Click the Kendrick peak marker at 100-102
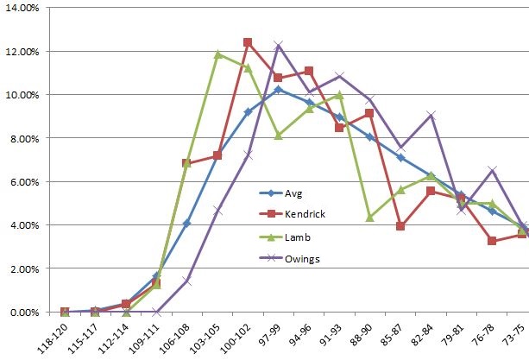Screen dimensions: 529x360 248,42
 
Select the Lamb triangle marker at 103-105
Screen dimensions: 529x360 217,54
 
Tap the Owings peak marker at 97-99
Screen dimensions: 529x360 279,45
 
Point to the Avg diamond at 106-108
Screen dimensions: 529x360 187,223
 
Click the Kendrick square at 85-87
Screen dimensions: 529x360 400,225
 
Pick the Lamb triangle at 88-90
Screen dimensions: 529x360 369,218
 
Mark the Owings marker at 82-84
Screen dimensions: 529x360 431,116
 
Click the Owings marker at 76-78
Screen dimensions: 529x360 492,170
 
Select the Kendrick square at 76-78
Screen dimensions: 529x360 492,241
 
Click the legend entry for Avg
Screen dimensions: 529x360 280,193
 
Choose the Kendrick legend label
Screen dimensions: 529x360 305,214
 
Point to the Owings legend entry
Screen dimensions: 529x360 289,259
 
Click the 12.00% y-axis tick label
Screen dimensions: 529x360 22,52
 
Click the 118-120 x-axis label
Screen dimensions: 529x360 52,338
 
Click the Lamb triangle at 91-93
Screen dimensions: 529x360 339,96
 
